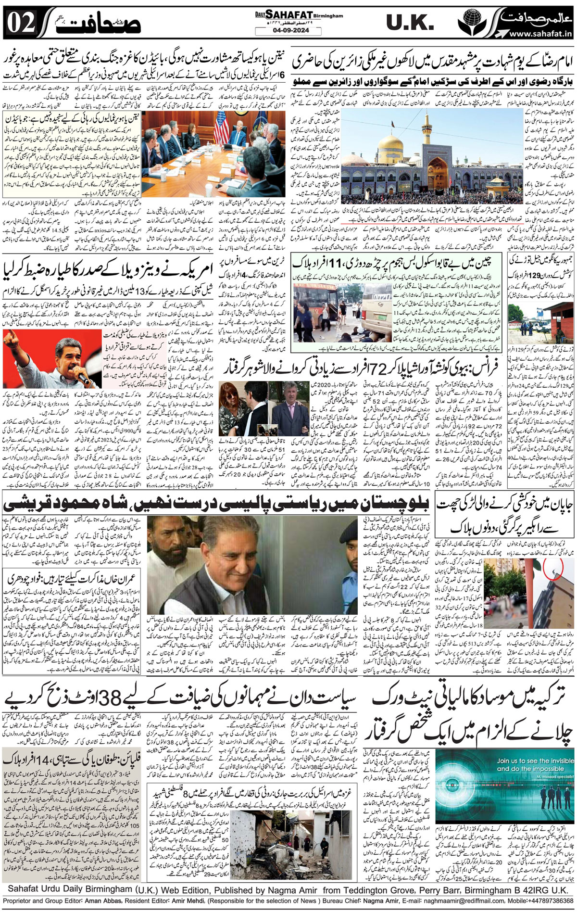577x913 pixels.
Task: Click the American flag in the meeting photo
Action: tap(222, 130)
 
